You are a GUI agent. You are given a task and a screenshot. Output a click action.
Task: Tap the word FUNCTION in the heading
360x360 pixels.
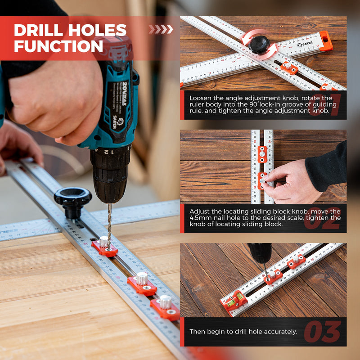pos(58,46)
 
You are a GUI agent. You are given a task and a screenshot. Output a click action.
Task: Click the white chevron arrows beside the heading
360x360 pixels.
pos(161,29)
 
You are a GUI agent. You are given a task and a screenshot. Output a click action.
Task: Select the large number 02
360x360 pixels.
pos(321,219)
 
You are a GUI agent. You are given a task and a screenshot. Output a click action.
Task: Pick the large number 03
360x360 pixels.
pos(322,332)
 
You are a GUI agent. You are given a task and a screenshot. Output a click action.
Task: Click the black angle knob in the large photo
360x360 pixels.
pos(72,198)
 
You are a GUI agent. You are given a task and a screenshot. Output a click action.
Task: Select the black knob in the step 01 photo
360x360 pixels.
pos(259,44)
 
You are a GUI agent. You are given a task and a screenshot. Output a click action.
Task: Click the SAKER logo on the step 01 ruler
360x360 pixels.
pos(305,45)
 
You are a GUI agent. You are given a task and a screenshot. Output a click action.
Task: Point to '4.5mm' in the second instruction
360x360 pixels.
pos(198,218)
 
